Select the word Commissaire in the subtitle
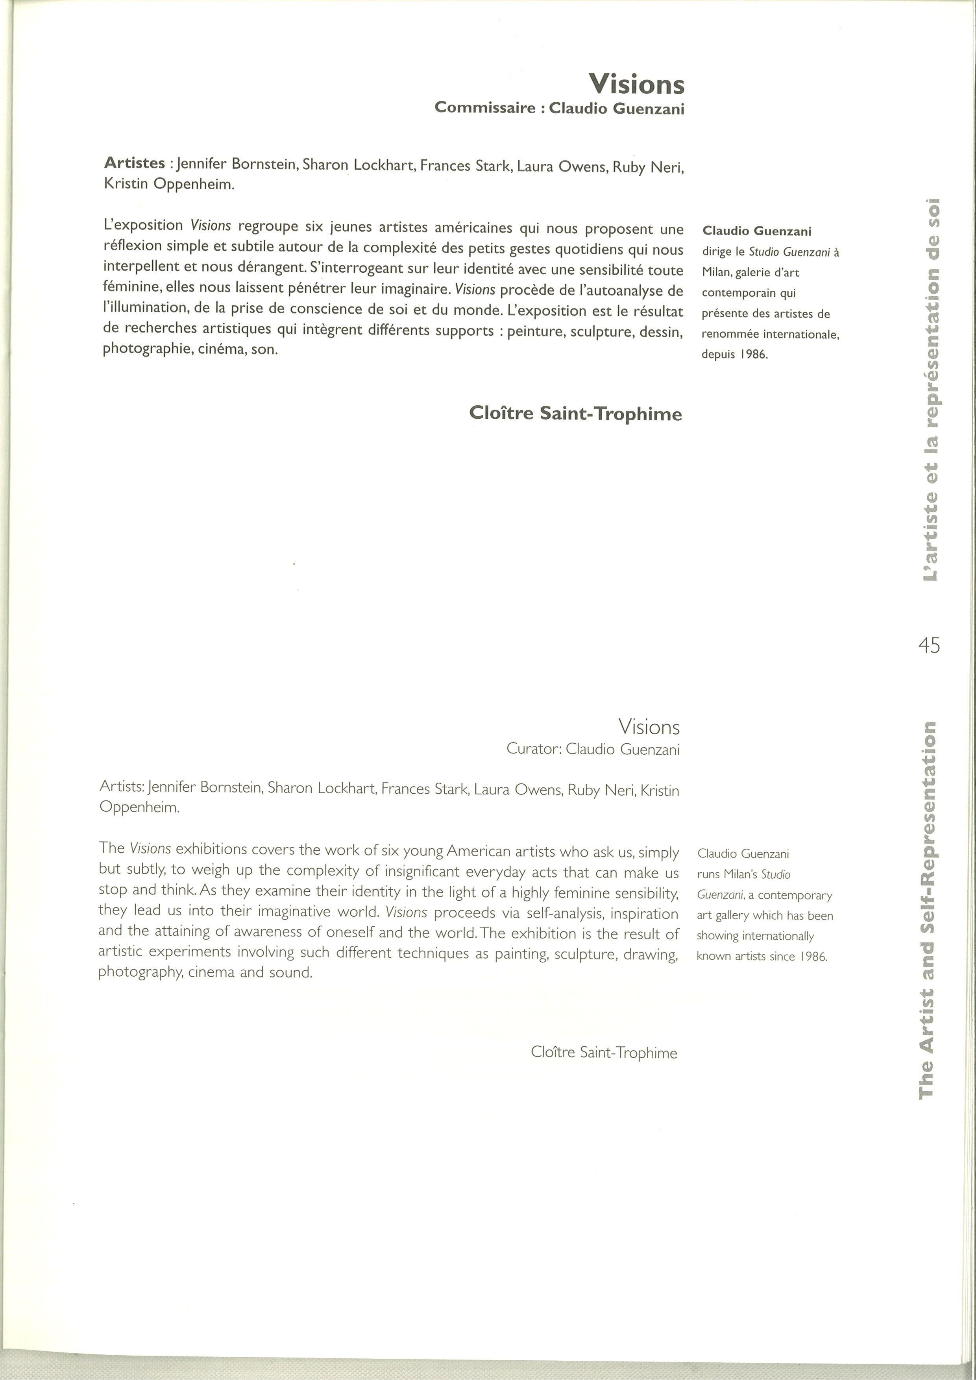485,108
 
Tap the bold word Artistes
135,163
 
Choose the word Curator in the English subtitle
533,749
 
